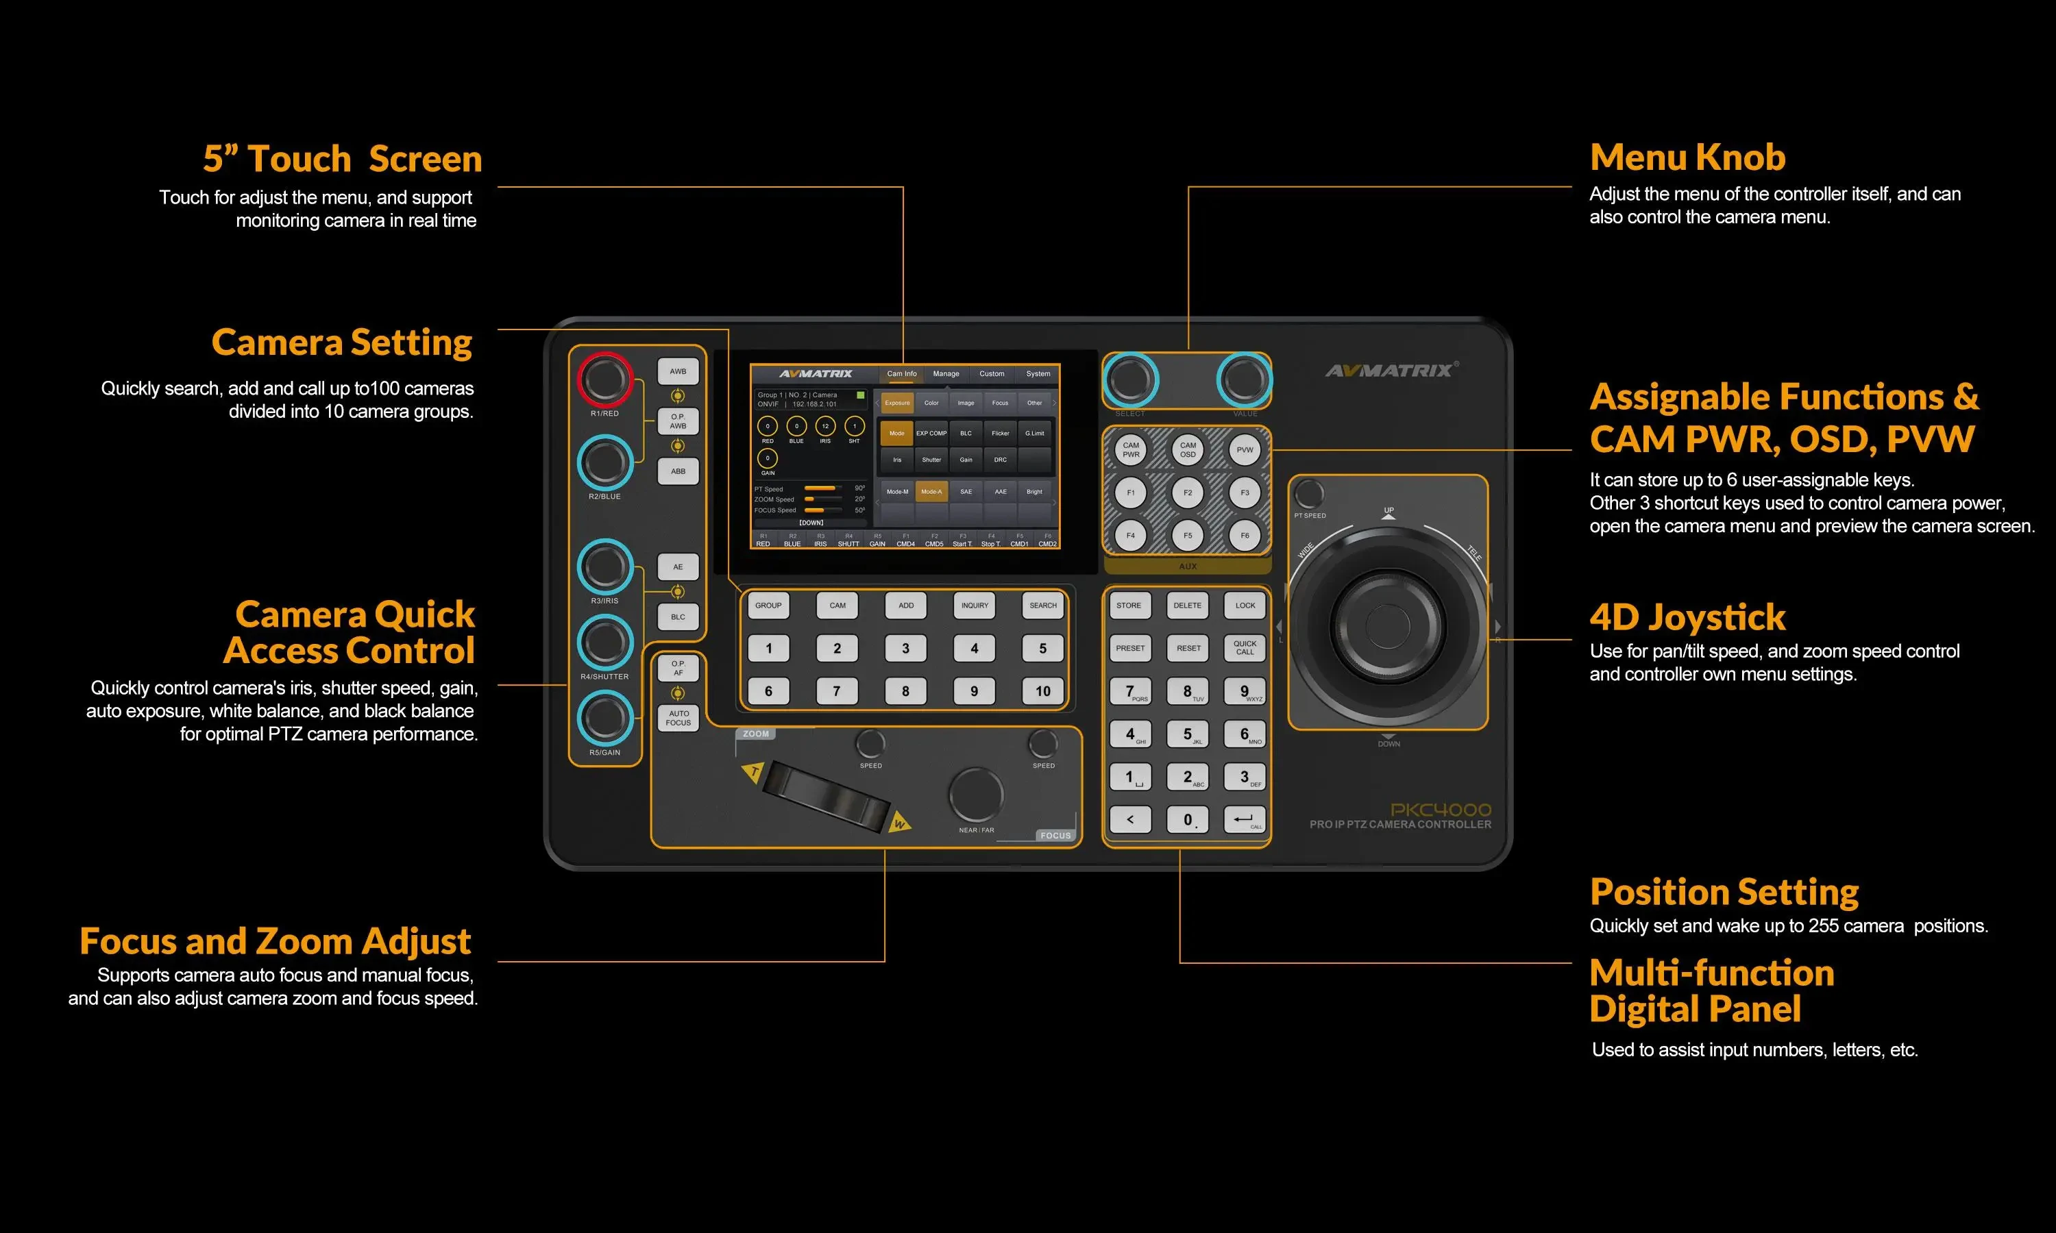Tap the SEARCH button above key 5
1043,606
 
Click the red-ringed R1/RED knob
605,379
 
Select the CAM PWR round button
1131,449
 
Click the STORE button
1129,606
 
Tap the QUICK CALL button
1245,648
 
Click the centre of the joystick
1387,625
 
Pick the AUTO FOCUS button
678,718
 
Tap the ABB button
678,471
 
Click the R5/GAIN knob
605,719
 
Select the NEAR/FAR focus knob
977,795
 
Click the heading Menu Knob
1687,157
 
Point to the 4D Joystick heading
1687,617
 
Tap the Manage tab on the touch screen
946,374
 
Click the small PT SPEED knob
1309,493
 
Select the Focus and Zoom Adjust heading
275,941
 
